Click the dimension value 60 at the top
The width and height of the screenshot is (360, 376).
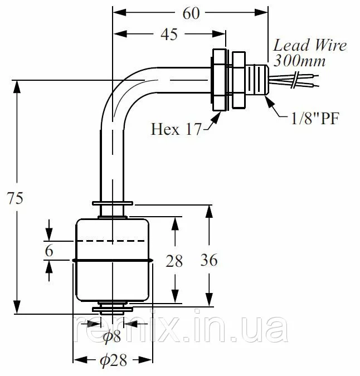pyautogui.click(x=191, y=13)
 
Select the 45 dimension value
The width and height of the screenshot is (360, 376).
pyautogui.click(x=169, y=34)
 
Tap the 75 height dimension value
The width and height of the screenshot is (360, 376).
pyautogui.click(x=15, y=198)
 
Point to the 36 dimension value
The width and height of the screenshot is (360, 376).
pyautogui.click(x=209, y=260)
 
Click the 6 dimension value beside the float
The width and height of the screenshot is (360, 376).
pyautogui.click(x=49, y=251)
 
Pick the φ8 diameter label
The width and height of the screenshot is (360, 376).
pyautogui.click(x=112, y=336)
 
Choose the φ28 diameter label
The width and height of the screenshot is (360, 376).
pyautogui.click(x=113, y=360)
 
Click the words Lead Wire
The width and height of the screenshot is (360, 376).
pyautogui.click(x=310, y=45)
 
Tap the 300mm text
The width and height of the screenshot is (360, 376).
pyautogui.click(x=299, y=60)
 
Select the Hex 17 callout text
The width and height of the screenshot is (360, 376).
pyautogui.click(x=176, y=129)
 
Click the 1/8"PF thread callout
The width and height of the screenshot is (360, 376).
pyautogui.click(x=315, y=118)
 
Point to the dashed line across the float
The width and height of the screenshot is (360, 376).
pyautogui.click(x=111, y=241)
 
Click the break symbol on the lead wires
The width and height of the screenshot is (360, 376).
pyautogui.click(x=296, y=80)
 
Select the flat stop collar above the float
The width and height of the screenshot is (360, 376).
pyautogui.click(x=113, y=203)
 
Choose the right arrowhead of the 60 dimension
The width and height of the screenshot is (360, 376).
pyautogui.click(x=261, y=12)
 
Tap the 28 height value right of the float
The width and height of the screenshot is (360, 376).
pyautogui.click(x=174, y=261)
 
